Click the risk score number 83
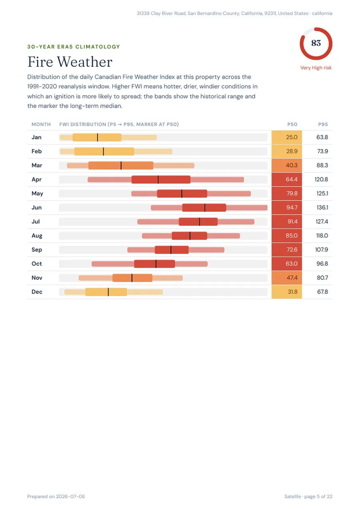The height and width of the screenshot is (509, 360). [316, 43]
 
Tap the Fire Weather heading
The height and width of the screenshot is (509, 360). [70, 62]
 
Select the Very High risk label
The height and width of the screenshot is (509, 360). [316, 68]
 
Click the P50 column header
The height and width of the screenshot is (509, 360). [292, 124]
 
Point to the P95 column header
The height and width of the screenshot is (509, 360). [323, 124]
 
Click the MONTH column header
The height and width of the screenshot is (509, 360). [41, 124]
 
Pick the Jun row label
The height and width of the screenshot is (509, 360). [36, 207]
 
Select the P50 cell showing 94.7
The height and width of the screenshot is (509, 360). [287, 207]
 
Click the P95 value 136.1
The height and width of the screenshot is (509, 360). [322, 207]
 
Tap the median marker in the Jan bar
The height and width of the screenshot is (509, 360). [98, 138]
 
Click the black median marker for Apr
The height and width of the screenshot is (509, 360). [158, 180]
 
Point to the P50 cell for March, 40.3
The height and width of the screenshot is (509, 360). [287, 165]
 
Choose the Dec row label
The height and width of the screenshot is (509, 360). [37, 292]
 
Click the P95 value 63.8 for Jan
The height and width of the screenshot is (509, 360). [322, 137]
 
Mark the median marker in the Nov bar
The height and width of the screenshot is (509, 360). [132, 278]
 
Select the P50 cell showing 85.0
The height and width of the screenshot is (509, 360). [287, 236]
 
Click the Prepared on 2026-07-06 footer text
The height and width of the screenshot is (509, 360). [56, 497]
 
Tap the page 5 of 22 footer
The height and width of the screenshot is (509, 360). [318, 497]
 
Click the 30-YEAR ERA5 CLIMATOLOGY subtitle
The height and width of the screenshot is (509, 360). [74, 47]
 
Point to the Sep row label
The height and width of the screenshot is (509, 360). [36, 250]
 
